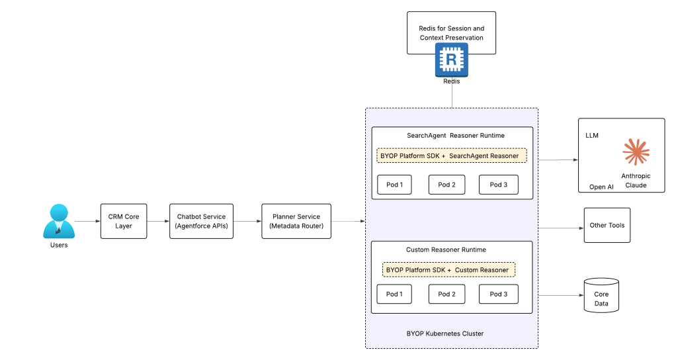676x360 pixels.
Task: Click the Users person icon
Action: [x=59, y=221]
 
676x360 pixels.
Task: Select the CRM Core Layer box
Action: [x=124, y=221]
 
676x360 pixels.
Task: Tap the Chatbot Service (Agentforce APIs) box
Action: [x=201, y=221]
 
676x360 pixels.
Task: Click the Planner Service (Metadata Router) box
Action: [x=296, y=221]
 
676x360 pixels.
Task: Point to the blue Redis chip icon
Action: [x=451, y=60]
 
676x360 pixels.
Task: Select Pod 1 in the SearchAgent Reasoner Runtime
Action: [x=394, y=185]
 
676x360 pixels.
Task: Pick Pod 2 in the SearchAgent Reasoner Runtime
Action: [x=446, y=185]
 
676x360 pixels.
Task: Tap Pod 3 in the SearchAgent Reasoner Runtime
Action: [x=498, y=185]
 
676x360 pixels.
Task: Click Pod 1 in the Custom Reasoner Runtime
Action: [x=394, y=294]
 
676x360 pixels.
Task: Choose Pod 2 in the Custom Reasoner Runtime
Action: [x=446, y=294]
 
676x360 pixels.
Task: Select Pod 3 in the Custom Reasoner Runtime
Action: [x=498, y=294]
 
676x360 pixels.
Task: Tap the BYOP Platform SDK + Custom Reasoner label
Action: [x=449, y=270]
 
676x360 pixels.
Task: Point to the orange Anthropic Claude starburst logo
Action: [x=636, y=152]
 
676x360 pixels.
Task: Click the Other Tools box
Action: [x=607, y=225]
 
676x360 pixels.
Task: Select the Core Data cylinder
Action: [x=601, y=295]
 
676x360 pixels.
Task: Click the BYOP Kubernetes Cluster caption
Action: [x=445, y=334]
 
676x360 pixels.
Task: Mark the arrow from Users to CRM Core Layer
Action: [x=87, y=221]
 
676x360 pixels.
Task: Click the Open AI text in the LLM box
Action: [x=601, y=187]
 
